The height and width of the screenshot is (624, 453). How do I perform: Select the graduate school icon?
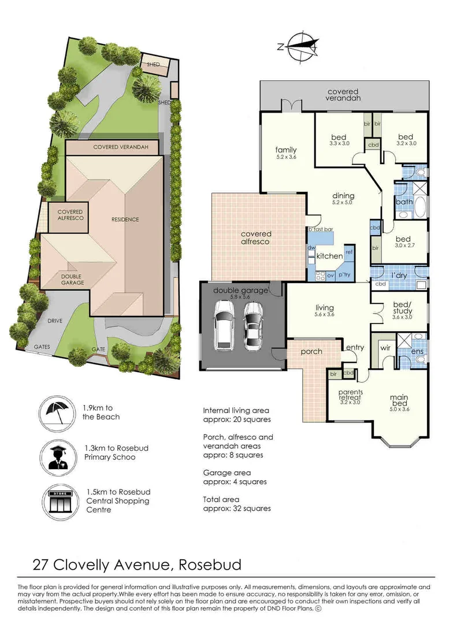click(x=57, y=455)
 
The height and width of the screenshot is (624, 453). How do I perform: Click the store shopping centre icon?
click(x=57, y=500)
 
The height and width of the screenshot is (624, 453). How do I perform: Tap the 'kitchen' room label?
click(x=329, y=256)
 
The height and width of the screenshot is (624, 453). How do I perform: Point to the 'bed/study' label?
click(x=402, y=307)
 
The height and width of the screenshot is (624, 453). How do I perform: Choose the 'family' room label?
click(x=285, y=150)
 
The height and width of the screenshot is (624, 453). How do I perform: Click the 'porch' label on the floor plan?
click(x=311, y=351)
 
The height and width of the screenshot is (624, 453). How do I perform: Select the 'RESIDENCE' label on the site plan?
click(x=125, y=220)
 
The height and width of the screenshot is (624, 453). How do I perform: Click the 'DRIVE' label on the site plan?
click(x=55, y=320)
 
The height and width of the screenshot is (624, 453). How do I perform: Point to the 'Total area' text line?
click(x=221, y=499)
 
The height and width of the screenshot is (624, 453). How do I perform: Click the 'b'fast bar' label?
click(x=321, y=229)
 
